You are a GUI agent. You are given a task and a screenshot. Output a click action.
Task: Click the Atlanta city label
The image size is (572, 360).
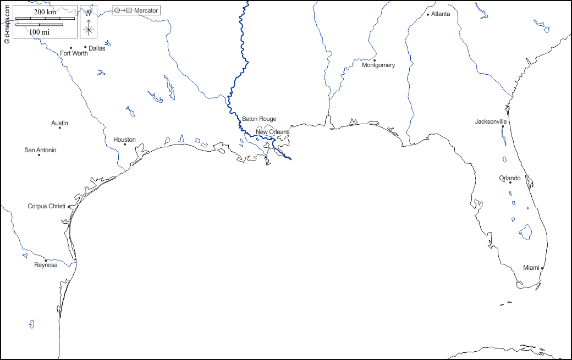tap(440, 14)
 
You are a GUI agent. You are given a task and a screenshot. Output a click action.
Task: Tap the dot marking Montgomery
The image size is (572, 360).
tap(375, 60)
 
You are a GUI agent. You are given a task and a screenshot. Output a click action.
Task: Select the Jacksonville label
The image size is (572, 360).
tap(491, 121)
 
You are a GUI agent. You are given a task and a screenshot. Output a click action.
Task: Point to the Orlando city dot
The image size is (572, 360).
tap(510, 182)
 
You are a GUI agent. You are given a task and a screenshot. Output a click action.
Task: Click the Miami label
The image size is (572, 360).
tap(531, 268)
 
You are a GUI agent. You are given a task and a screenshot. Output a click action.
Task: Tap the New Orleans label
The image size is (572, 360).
tap(272, 132)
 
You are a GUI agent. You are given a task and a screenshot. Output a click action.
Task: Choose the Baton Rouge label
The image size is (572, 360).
tap(259, 119)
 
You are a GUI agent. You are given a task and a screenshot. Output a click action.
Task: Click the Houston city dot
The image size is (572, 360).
tap(125, 145)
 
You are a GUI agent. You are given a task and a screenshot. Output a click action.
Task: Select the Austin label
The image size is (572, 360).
tap(59, 123)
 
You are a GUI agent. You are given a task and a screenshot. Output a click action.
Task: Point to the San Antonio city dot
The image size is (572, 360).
tap(39, 155)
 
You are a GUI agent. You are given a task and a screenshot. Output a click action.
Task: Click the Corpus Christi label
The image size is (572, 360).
tap(46, 206)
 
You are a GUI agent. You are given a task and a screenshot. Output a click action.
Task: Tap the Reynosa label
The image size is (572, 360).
tap(46, 265)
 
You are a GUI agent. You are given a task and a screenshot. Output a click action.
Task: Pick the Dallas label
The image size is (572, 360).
tap(97, 48)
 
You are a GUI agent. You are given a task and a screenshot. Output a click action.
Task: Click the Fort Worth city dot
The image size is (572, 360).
tap(71, 48)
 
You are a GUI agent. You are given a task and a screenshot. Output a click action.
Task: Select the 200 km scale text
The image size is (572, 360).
tap(45, 12)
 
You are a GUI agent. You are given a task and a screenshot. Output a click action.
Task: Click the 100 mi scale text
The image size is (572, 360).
tap(39, 32)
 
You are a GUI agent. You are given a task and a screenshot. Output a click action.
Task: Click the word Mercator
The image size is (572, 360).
tap(146, 10)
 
